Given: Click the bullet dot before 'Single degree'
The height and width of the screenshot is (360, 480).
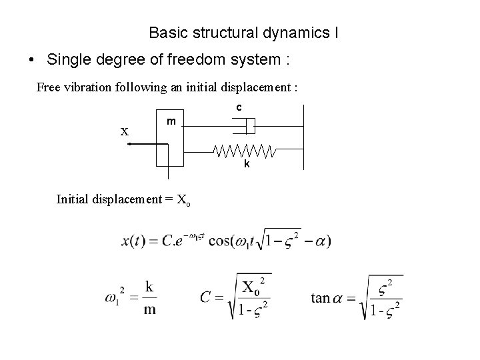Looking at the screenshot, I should [33, 60].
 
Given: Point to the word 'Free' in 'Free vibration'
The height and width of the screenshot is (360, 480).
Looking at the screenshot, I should [48, 87].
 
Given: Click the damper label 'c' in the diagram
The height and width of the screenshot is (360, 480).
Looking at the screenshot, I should [239, 108].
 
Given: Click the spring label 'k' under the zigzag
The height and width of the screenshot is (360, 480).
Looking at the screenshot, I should [247, 164].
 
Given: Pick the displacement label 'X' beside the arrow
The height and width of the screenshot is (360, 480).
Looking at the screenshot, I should [125, 131].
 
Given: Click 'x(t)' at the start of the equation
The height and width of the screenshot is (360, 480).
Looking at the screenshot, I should [135, 241].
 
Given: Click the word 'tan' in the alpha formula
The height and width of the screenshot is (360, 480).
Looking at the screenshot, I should [321, 297].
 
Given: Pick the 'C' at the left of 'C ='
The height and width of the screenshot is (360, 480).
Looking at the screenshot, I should [206, 297].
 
